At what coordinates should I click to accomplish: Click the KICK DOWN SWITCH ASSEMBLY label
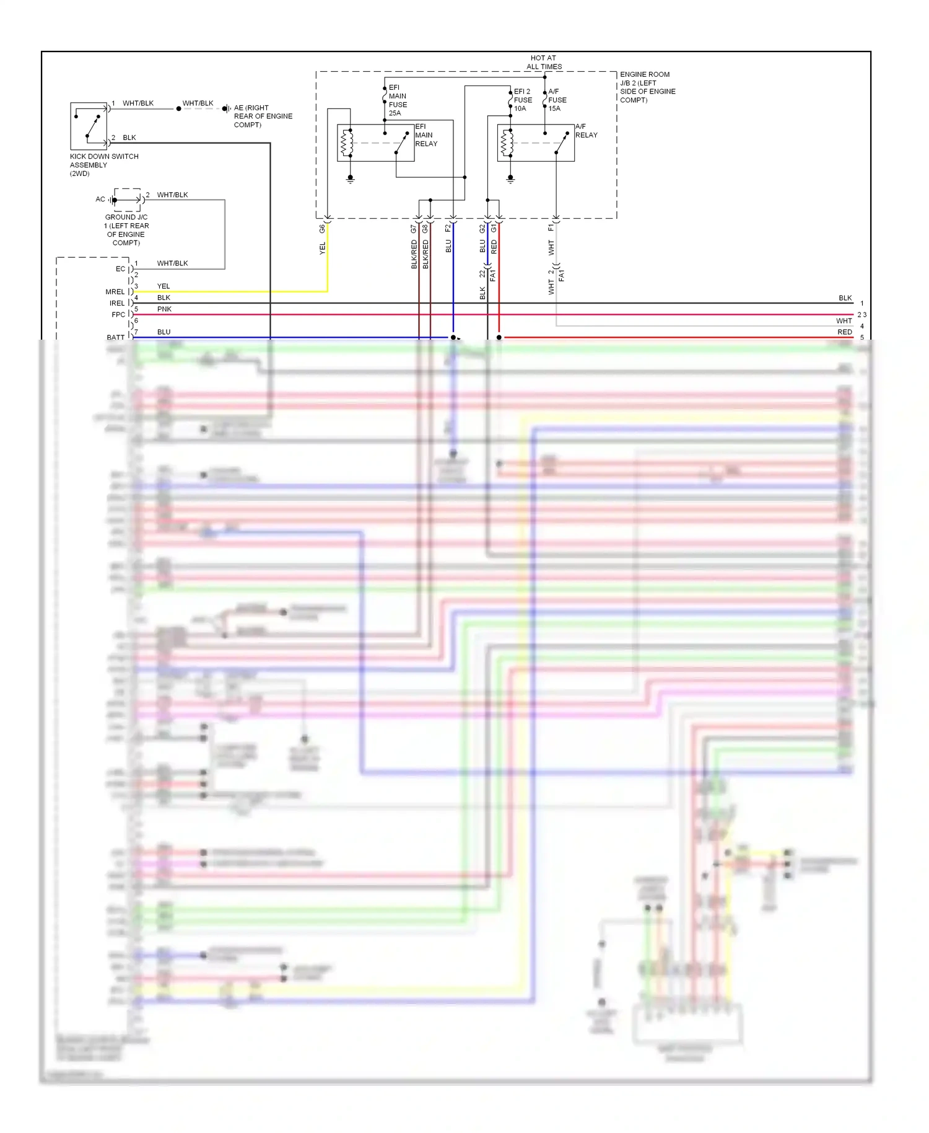(x=103, y=165)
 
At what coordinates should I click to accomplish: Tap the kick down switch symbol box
(x=89, y=126)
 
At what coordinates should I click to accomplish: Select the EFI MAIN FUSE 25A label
(x=398, y=100)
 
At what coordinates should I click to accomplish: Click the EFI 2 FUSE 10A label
(x=523, y=100)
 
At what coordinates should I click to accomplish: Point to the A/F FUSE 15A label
(x=557, y=100)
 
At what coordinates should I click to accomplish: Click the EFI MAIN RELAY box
(x=375, y=143)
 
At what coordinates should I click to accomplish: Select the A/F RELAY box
(x=536, y=143)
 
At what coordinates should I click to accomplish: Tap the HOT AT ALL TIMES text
(x=544, y=62)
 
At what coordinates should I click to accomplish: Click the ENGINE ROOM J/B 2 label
(x=647, y=87)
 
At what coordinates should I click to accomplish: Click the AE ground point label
(x=262, y=116)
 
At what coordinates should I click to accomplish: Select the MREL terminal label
(x=115, y=292)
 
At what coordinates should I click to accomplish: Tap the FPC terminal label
(x=118, y=315)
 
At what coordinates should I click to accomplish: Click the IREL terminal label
(x=116, y=304)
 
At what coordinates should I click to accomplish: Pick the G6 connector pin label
(x=322, y=229)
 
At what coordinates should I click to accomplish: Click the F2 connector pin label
(x=448, y=229)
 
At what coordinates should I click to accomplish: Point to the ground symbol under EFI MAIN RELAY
(x=350, y=179)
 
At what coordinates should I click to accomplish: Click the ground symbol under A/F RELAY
(x=510, y=179)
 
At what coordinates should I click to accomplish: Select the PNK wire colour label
(x=164, y=309)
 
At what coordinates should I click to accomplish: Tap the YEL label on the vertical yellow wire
(x=322, y=249)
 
